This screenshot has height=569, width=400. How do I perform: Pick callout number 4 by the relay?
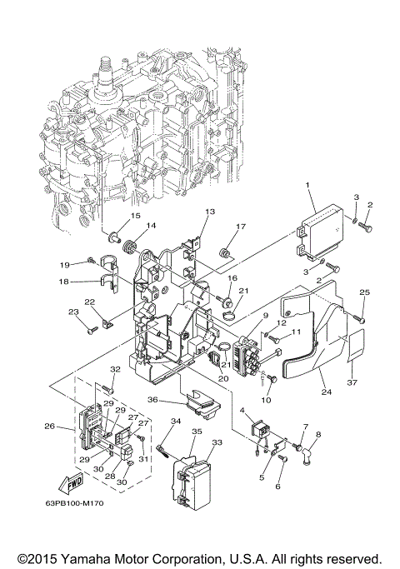click(242, 412)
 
